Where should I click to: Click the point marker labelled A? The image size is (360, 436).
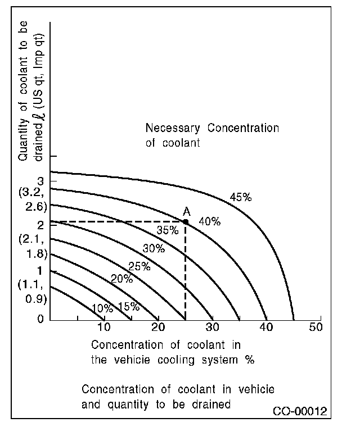point(186,222)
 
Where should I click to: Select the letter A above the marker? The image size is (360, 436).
point(186,211)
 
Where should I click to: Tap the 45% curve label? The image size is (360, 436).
point(240,197)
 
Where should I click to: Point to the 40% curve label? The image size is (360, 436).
point(209,221)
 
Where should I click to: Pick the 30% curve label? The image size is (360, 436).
point(154,248)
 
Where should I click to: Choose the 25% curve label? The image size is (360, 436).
point(139,266)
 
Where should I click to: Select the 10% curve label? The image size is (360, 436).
point(102,308)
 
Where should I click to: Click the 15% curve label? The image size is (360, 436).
point(128,307)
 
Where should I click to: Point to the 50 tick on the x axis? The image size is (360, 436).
point(316,328)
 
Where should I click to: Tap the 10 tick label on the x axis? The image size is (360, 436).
point(104,328)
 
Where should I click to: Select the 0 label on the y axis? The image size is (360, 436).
point(39,319)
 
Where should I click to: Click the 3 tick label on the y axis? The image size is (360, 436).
point(39,181)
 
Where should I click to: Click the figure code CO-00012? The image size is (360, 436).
point(300,412)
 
